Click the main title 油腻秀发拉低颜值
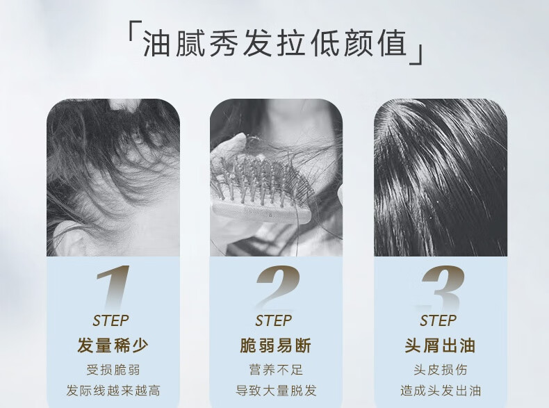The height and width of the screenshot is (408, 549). click(275, 44)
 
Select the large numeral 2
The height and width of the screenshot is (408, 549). click(277, 288)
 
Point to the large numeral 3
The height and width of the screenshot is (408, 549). click(441, 288)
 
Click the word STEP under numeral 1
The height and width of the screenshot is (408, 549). click(110, 320)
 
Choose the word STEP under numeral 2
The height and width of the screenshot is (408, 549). click(273, 320)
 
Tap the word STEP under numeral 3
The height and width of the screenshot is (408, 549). click(438, 320)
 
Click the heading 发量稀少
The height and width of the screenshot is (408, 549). click(113, 345)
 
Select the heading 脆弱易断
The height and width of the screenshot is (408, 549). click(276, 345)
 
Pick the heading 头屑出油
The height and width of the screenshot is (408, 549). click(440, 345)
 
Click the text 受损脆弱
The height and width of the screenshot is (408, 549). click(113, 370)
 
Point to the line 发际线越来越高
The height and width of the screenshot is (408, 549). click(113, 391)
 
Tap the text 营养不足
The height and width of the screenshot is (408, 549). click(276, 370)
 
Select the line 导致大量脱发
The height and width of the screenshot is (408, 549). click(276, 391)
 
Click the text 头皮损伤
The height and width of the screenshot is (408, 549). click(441, 370)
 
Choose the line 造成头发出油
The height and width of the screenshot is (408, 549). click(441, 391)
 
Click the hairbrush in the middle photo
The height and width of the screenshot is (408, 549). click(261, 191)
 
